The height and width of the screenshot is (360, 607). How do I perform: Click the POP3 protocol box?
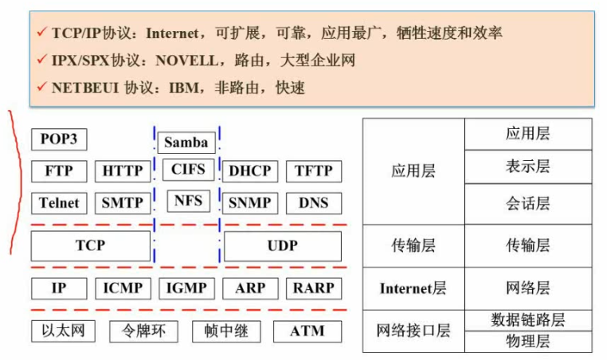[x=59, y=139]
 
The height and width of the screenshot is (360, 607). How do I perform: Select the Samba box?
[x=186, y=143]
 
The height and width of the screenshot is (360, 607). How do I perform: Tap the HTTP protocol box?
[x=123, y=171]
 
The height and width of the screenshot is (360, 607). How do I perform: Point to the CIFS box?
[x=189, y=170]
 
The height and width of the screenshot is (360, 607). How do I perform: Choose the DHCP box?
[x=250, y=171]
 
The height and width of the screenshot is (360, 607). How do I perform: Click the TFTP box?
[x=314, y=171]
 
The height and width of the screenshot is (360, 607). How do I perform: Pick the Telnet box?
[x=59, y=203]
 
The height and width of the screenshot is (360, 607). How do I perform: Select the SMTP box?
[x=123, y=203]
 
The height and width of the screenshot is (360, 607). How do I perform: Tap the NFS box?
[x=189, y=201]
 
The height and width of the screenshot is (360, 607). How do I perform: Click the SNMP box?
[x=250, y=203]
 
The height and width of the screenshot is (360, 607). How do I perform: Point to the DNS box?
[x=314, y=203]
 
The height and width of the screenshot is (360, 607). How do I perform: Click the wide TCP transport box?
[x=91, y=246]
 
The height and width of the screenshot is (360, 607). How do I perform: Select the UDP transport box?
[x=283, y=246]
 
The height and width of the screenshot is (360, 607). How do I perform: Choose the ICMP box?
[x=123, y=288]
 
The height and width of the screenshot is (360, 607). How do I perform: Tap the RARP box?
[x=314, y=288]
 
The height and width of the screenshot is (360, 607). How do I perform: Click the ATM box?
[x=307, y=331]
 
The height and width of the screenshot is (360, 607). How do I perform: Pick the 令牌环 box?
[x=143, y=331]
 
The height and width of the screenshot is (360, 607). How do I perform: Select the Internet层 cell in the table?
[x=413, y=288]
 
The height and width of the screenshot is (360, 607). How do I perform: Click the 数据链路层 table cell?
[x=528, y=320]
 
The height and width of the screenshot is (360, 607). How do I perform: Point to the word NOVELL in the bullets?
[x=187, y=61]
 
